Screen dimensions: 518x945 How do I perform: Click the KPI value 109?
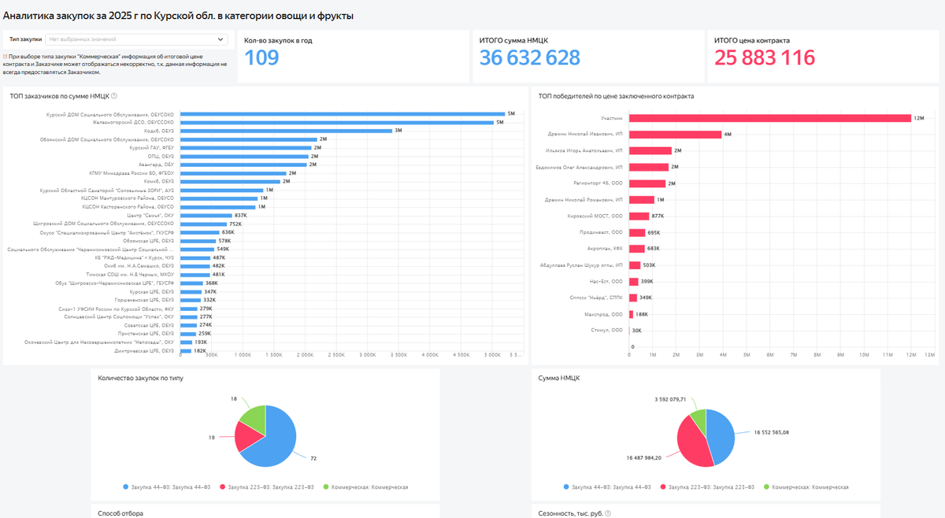point(261,57)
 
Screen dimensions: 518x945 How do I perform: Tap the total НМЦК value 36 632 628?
point(529,57)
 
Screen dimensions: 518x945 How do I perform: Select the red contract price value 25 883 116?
point(764,57)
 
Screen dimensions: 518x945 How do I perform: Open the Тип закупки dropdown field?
point(135,39)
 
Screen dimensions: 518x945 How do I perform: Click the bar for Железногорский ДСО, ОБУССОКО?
point(336,122)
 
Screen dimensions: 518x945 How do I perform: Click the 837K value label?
point(241,215)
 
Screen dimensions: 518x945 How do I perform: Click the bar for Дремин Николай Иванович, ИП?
point(675,135)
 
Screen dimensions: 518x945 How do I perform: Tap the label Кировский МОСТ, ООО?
point(595,216)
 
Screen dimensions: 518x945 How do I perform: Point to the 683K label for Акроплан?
point(653,248)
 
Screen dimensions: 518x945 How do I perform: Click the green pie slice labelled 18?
point(253,419)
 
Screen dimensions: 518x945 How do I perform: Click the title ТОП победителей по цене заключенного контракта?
point(616,96)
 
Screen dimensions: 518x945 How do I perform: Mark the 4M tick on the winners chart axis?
point(723,355)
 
